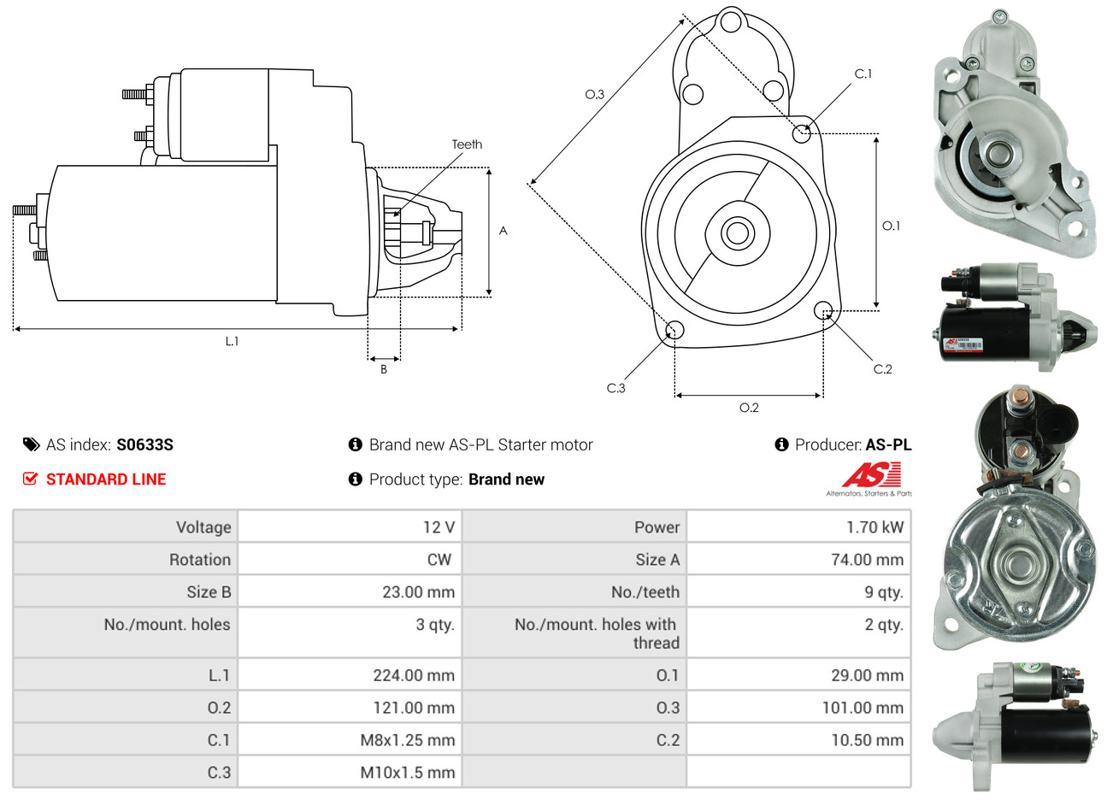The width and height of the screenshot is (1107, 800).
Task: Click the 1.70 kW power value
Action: (874, 527)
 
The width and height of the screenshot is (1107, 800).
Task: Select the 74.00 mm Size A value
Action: (867, 560)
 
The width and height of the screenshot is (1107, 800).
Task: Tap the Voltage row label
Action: (203, 527)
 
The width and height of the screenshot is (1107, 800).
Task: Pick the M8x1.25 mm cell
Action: (407, 740)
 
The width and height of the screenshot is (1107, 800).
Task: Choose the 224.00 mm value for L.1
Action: (414, 675)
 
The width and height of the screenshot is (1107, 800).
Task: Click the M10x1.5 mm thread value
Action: (407, 773)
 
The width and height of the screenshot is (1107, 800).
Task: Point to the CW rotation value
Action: (439, 560)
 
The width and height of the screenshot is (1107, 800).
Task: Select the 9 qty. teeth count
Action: (883, 592)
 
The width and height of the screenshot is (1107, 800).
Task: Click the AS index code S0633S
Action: (144, 444)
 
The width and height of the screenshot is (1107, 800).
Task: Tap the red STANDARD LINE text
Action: (106, 479)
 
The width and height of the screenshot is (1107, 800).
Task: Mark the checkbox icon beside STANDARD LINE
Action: (30, 479)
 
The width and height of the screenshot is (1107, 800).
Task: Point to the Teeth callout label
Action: (467, 144)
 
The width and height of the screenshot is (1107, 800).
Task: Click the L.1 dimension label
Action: (232, 341)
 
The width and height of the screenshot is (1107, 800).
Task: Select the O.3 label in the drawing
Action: (594, 94)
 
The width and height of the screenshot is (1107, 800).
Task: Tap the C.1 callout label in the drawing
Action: (863, 74)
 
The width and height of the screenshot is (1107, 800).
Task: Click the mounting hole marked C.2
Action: (823, 309)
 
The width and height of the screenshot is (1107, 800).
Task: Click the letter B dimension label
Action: (384, 369)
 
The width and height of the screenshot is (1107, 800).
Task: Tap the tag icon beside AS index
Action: (31, 444)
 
